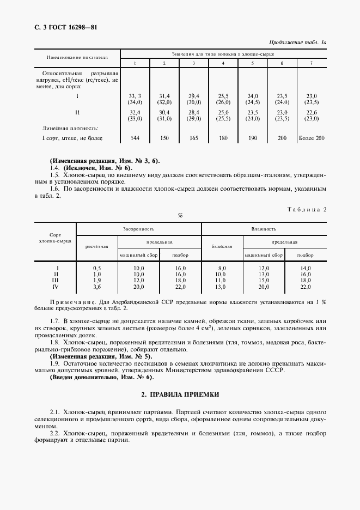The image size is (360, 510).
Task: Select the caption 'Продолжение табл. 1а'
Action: tap(297, 42)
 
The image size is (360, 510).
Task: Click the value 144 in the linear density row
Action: tap(135, 138)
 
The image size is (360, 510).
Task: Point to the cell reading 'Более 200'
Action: tap(312, 138)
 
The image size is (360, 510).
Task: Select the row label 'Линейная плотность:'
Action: tap(70, 128)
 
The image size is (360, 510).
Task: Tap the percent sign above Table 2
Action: tap(180, 216)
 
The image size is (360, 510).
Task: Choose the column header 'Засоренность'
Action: tap(139, 229)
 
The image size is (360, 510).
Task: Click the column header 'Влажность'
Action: tap(264, 229)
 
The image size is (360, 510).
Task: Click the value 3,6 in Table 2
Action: tap(97, 287)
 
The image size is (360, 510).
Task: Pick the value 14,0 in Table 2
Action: tap(305, 268)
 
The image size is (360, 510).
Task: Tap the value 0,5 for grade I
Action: tap(97, 268)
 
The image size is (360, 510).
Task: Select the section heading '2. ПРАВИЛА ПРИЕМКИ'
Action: tap(180, 393)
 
